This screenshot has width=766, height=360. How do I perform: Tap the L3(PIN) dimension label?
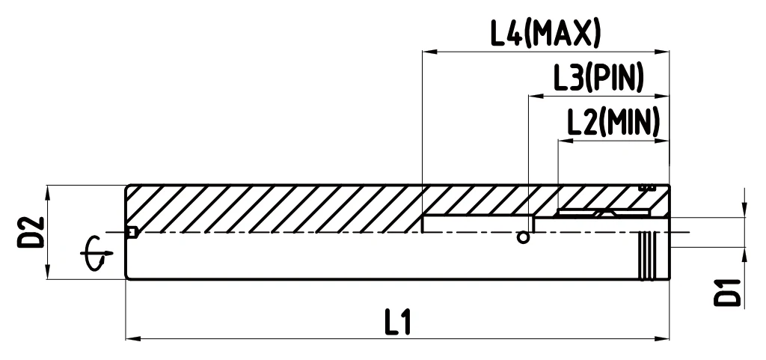(598, 78)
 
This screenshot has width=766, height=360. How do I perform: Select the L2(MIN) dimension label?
(613, 122)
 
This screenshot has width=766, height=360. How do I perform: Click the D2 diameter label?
(31, 232)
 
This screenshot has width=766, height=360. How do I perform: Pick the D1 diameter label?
(727, 293)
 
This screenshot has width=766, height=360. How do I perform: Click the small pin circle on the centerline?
(523, 238)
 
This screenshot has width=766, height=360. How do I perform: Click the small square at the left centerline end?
(132, 233)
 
